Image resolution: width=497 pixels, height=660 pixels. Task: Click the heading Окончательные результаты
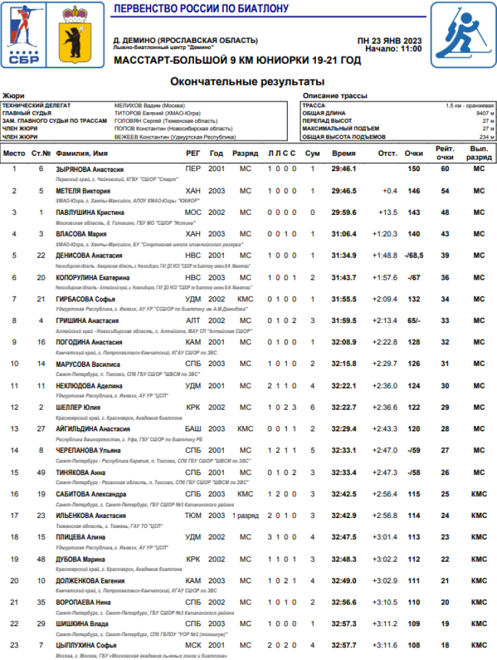(x=247, y=82)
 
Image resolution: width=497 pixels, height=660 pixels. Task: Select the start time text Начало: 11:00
(x=393, y=48)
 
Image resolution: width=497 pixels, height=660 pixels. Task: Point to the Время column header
(x=343, y=153)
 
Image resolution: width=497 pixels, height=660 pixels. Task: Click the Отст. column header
(x=388, y=153)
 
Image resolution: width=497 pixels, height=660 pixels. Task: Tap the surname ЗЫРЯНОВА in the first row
(x=73, y=169)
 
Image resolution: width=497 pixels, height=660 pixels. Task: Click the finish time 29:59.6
(x=343, y=212)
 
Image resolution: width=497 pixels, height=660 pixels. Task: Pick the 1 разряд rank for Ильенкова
(x=245, y=515)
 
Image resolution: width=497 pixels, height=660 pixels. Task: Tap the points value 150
(x=414, y=169)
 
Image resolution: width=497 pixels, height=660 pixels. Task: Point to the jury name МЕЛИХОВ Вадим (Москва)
(x=149, y=105)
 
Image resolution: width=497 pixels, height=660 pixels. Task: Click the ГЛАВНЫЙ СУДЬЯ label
(x=27, y=113)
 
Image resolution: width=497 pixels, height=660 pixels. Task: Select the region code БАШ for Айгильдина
(x=193, y=429)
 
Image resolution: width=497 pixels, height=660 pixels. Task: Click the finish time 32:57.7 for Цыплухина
(x=343, y=645)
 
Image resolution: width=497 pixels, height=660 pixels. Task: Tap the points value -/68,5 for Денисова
(x=414, y=255)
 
